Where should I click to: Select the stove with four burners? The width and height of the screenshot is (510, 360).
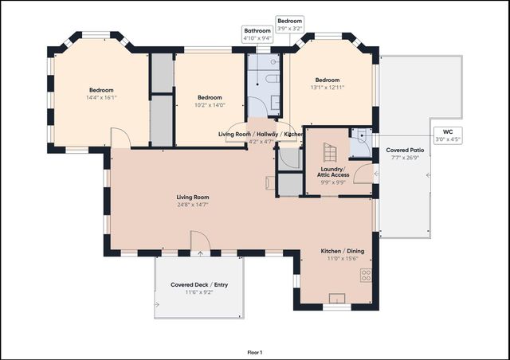tap(366, 276)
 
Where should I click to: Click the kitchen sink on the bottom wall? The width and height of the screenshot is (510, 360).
tap(336, 299)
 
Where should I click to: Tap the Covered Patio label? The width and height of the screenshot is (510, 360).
tap(405, 150)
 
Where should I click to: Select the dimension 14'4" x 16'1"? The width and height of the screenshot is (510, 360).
tap(102, 98)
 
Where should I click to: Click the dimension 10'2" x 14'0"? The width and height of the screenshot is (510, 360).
tap(209, 104)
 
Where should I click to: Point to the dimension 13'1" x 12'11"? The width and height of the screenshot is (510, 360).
tap(327, 88)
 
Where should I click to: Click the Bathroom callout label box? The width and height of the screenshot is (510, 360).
tap(257, 34)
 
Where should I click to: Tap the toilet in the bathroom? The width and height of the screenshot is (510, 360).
tap(269, 80)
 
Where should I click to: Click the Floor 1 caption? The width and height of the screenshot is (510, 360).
tap(255, 351)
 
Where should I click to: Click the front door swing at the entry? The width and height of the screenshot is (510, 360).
tap(199, 241)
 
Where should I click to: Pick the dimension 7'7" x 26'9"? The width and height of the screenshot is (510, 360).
tap(405, 158)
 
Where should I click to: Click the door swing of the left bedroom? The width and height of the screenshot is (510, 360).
tap(120, 138)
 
